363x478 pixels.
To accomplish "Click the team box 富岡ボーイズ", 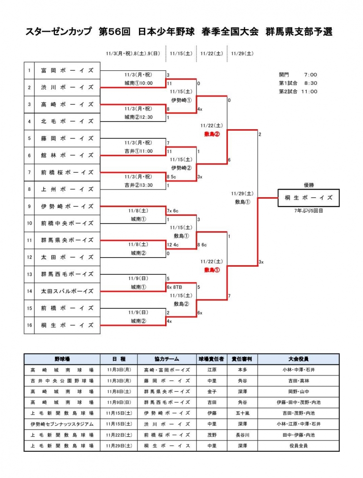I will (x=67, y=70).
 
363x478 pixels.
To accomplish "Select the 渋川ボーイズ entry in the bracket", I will (x=67, y=87).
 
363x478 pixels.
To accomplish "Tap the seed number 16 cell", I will (x=29, y=325).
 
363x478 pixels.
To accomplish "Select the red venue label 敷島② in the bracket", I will (x=212, y=134).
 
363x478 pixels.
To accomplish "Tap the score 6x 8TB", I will (x=174, y=287).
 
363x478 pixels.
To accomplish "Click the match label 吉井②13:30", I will (x=139, y=185).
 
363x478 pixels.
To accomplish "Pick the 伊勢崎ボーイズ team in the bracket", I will (x=67, y=206).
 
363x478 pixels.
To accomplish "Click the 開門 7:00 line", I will (x=298, y=74).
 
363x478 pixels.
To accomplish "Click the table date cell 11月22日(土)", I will (x=118, y=434).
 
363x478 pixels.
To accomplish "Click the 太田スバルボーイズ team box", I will (x=67, y=291).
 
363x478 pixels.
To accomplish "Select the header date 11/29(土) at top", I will (x=242, y=53).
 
